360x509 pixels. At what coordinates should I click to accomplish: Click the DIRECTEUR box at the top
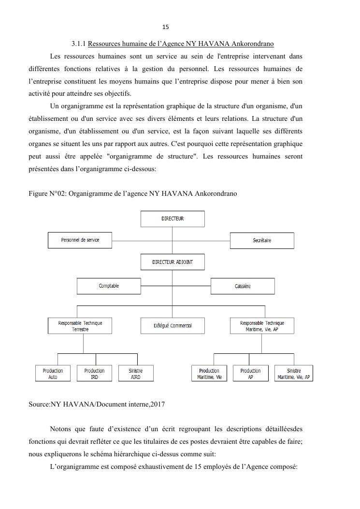point(173,219)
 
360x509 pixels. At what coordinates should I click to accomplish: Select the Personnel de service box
point(80,240)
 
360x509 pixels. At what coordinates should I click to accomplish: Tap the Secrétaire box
point(262,240)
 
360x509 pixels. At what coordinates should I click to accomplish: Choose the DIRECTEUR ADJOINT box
point(173,262)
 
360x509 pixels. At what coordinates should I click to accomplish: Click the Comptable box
point(109,286)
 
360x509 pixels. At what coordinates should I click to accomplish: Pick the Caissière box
point(243,286)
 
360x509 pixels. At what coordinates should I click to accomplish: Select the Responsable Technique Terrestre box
point(80,326)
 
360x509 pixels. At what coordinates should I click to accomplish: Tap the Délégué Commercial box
point(173,326)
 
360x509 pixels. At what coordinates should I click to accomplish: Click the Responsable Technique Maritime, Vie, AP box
point(262,326)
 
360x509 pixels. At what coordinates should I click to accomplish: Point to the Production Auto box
point(53,374)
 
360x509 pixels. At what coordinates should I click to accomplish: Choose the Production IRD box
point(94,374)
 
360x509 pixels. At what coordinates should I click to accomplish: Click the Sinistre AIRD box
point(136,374)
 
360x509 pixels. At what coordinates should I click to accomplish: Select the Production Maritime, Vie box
point(209,374)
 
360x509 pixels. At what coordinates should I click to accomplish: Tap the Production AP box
point(250,374)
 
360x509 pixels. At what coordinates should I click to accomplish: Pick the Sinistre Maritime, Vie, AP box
point(294,374)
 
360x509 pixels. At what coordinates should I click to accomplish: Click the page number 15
point(166,27)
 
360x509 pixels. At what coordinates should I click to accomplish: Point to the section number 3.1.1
point(78,44)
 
